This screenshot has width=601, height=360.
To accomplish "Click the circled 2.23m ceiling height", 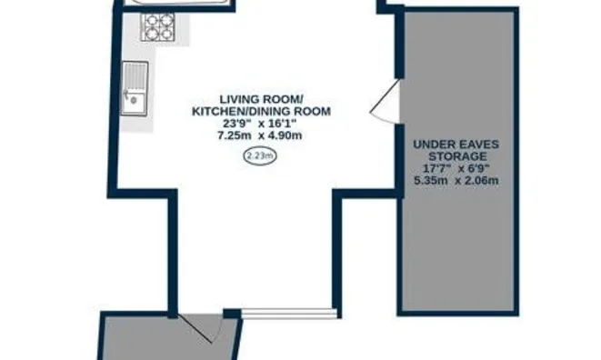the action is (260, 156).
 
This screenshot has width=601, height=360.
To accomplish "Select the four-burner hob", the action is (158, 26).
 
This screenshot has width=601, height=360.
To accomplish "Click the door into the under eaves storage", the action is (386, 101).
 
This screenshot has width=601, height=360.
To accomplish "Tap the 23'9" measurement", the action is (235, 124).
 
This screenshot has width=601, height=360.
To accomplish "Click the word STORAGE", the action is (457, 156).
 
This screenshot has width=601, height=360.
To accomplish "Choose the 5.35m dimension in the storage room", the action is (431, 180).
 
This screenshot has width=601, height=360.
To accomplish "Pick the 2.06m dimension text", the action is (482, 180).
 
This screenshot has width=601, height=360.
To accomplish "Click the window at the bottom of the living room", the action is (289, 314).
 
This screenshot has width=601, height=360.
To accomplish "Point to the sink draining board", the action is (135, 77).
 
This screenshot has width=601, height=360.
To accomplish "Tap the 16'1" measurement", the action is (284, 124).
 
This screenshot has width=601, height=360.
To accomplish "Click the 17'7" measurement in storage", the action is (435, 168).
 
